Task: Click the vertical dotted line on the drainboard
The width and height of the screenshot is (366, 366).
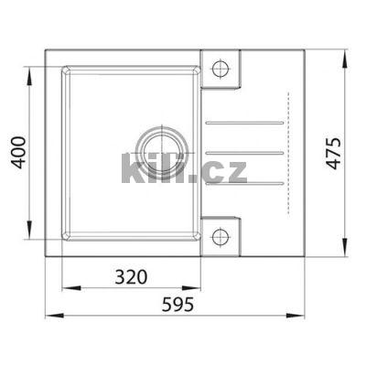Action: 285,151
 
